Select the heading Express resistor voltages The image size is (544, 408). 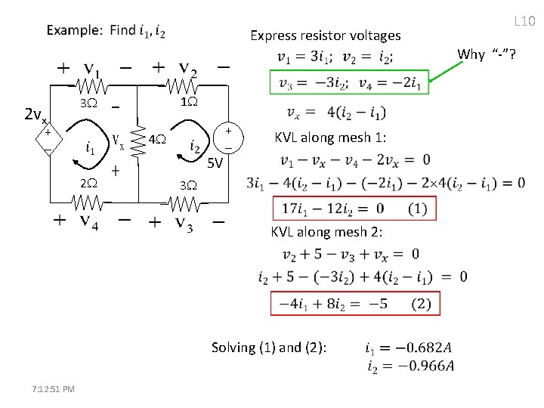(x=325, y=36)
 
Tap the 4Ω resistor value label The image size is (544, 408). (x=157, y=140)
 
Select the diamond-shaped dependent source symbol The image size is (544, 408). (x=47, y=141)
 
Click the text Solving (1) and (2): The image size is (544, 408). (x=270, y=348)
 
